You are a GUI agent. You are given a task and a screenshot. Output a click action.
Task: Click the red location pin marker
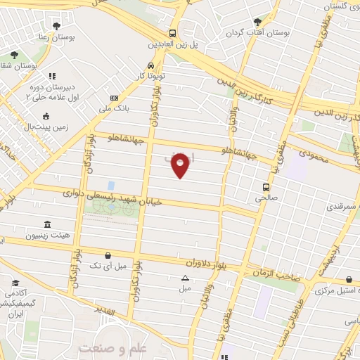(181, 165)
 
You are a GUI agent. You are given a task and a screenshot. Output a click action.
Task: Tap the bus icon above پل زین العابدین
(173, 33)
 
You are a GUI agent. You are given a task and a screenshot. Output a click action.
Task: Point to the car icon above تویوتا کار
(150, 65)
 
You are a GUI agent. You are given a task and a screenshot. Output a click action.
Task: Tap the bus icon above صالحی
(266, 187)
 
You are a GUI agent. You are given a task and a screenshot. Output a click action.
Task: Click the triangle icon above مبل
(185, 277)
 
